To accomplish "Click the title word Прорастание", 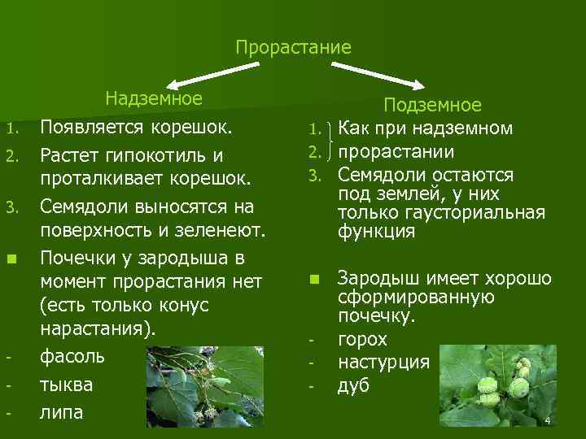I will click(x=293, y=47).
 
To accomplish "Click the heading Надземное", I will click(x=153, y=99).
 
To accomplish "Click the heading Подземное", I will click(x=432, y=105).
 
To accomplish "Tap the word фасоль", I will click(x=72, y=356).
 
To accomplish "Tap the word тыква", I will click(x=67, y=384).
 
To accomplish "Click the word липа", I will click(x=62, y=411).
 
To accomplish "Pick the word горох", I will click(x=362, y=339).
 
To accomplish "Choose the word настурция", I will click(x=383, y=362).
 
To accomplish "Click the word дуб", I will click(x=353, y=385).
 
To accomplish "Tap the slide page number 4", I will click(x=548, y=420).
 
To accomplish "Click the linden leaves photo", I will click(x=203, y=389).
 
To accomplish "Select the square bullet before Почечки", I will click(x=11, y=260).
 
